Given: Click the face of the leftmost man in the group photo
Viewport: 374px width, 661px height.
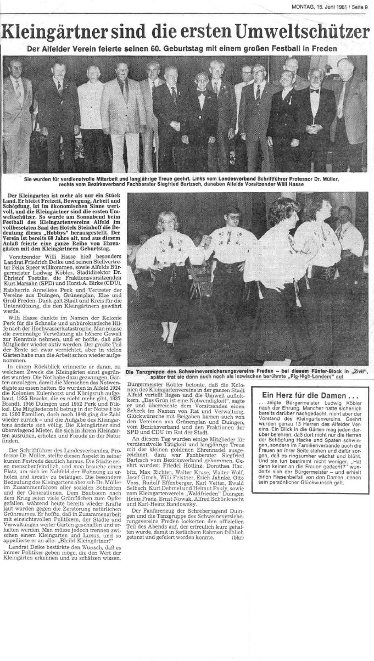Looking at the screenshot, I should click(x=15, y=68).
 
